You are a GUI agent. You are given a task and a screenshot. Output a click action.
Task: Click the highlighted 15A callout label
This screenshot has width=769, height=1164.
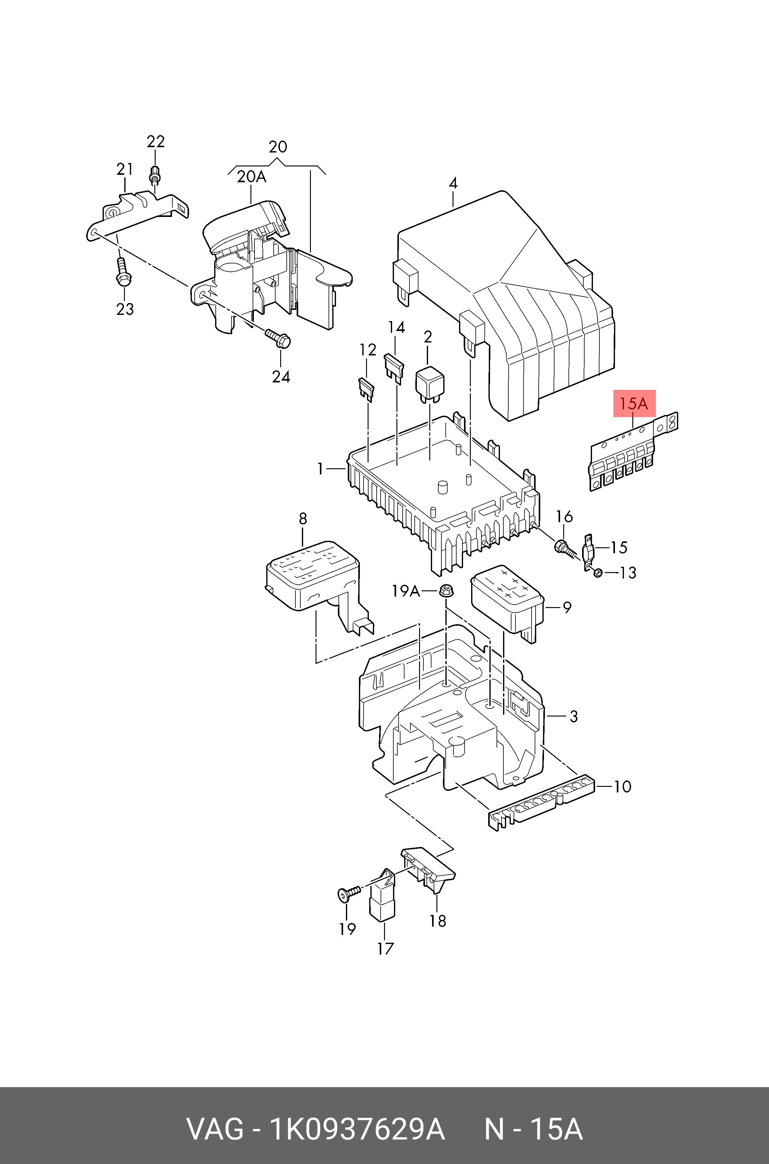tap(634, 403)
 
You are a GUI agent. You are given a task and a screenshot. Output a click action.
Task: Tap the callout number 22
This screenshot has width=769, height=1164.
tap(156, 142)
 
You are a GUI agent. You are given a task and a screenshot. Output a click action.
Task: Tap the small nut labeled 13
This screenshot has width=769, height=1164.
tap(597, 573)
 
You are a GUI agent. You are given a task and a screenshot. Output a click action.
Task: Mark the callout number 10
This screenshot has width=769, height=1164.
tap(622, 787)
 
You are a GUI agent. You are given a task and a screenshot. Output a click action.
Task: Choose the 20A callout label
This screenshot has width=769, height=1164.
tap(252, 177)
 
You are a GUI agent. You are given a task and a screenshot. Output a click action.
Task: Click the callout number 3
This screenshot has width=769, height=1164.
tap(573, 716)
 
